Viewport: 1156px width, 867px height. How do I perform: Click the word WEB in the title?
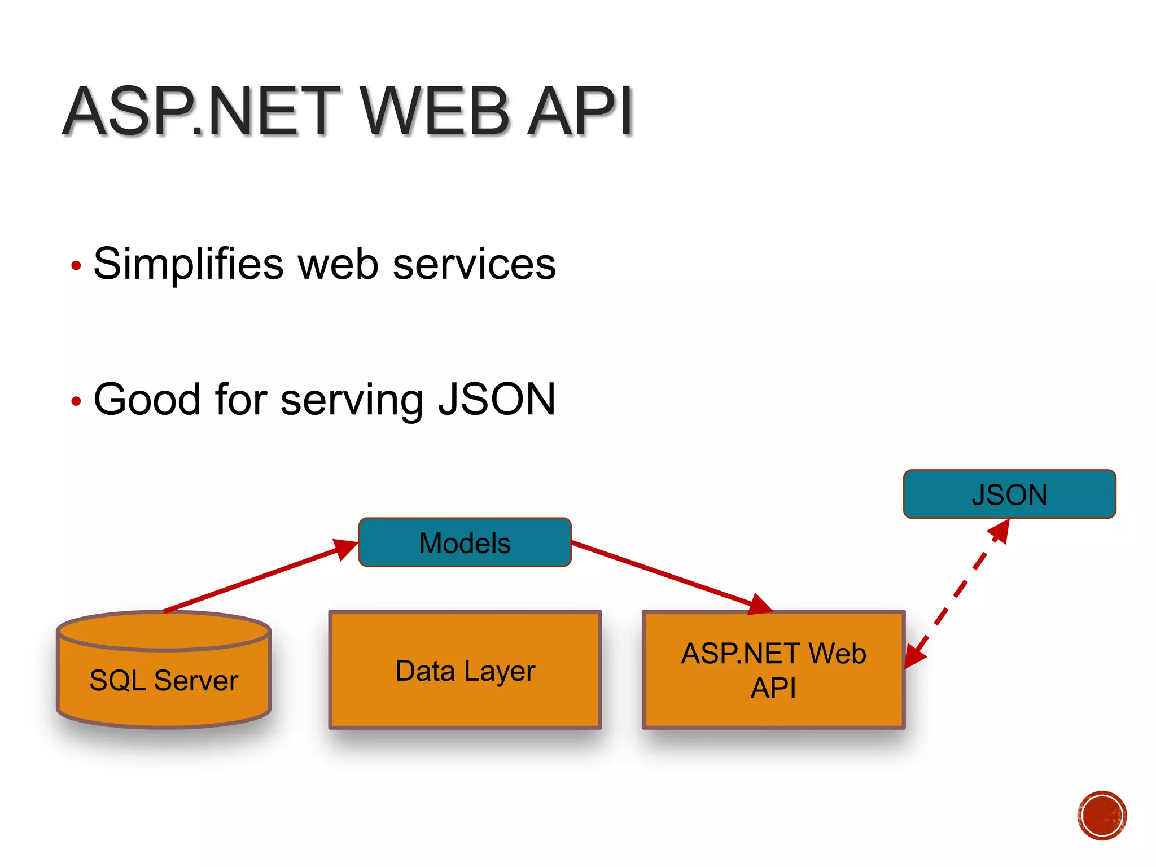pyautogui.click(x=435, y=111)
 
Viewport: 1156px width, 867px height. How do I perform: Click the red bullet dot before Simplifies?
pyautogui.click(x=76, y=265)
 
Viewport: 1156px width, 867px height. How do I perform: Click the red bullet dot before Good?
pyautogui.click(x=76, y=401)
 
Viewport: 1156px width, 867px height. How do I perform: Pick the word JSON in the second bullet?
pyautogui.click(x=497, y=399)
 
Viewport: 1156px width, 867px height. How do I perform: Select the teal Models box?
pyautogui.click(x=465, y=542)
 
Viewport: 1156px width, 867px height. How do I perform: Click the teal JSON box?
pyautogui.click(x=1009, y=494)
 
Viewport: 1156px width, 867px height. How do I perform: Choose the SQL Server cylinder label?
pyautogui.click(x=164, y=680)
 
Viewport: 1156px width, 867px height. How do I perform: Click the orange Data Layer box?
pyautogui.click(x=465, y=671)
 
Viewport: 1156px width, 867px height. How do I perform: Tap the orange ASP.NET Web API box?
pyautogui.click(x=773, y=671)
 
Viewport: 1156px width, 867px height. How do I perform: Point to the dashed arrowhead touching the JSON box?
pyautogui.click(x=1000, y=531)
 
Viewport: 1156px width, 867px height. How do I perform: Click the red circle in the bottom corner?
pyautogui.click(x=1102, y=816)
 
